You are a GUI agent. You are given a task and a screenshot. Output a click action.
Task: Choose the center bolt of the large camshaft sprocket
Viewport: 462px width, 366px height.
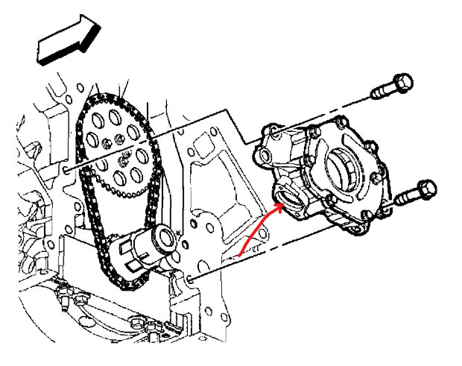point(117,141)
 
